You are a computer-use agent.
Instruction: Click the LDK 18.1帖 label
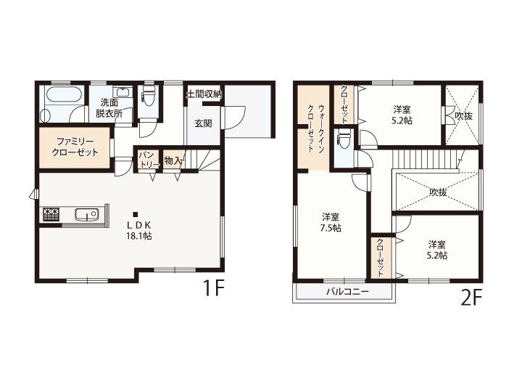tap(139, 230)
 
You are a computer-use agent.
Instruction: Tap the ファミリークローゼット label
tap(75, 147)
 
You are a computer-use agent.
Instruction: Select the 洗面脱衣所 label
tap(109, 107)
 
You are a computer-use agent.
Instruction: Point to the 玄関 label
tap(203, 123)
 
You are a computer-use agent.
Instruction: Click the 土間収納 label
tap(204, 94)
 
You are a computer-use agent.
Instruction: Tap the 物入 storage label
tap(173, 161)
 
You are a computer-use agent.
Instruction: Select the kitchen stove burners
tap(51, 214)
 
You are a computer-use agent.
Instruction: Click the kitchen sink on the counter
tap(86, 214)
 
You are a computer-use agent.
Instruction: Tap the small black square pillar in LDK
tap(135, 214)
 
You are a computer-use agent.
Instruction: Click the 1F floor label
tap(212, 288)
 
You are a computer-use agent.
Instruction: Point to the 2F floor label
tap(471, 298)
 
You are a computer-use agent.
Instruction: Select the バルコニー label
tap(347, 293)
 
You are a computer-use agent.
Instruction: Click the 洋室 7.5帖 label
tap(331, 223)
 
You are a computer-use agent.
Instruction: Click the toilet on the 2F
tap(344, 139)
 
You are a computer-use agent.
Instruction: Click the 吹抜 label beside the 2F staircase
tap(438, 192)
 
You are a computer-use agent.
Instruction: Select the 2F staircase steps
tap(426, 159)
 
